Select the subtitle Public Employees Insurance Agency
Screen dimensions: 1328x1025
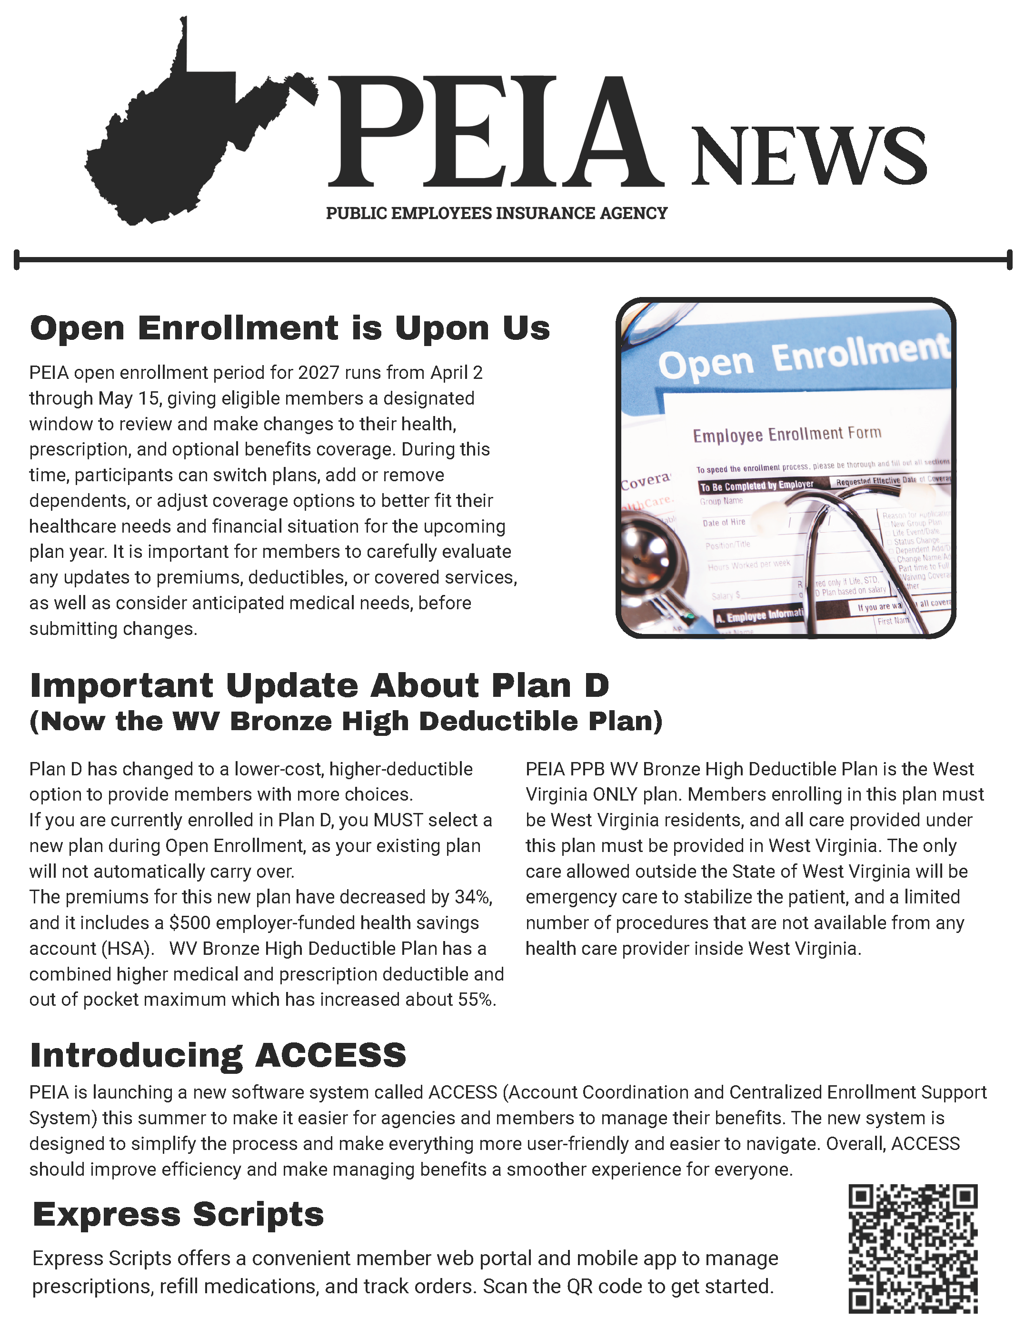click(x=497, y=213)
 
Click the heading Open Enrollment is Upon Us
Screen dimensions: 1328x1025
click(x=289, y=328)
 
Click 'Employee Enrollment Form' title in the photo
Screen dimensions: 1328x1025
click(x=786, y=434)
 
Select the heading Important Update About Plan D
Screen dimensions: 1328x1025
click(x=319, y=686)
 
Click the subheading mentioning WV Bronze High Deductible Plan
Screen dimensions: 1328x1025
click(x=346, y=722)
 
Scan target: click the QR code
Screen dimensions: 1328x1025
click(x=913, y=1249)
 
